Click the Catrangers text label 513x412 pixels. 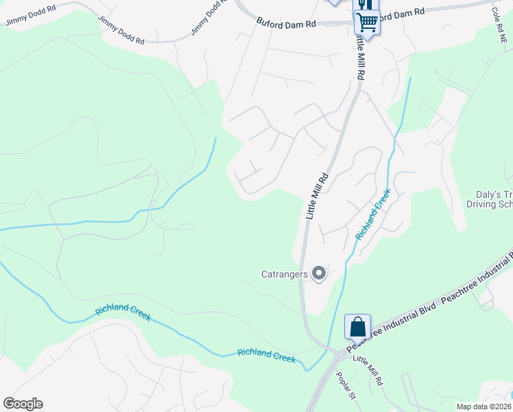point(284,274)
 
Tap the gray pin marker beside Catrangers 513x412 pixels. point(319,274)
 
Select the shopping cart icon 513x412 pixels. point(367,23)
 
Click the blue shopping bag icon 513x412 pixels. point(358,326)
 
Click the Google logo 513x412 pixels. point(23,404)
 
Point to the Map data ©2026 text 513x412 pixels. point(484,407)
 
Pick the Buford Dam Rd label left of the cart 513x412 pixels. point(286,23)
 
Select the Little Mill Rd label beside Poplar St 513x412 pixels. point(368,370)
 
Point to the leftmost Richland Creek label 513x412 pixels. point(123,312)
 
